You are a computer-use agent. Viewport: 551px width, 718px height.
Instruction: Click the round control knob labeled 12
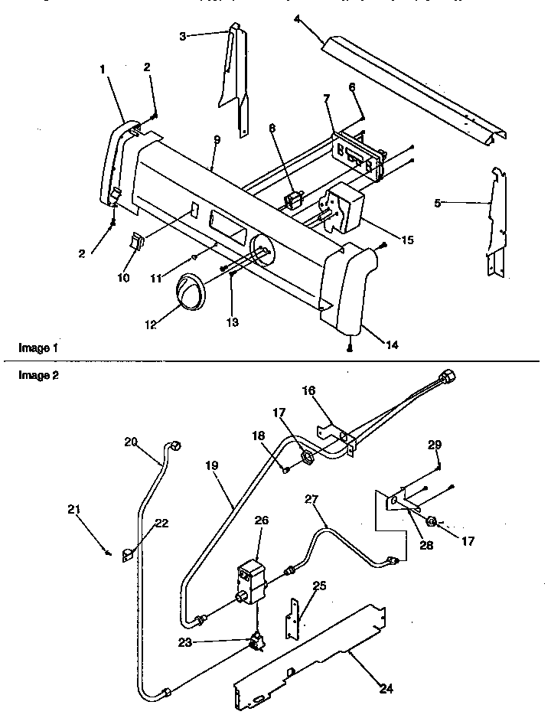191,290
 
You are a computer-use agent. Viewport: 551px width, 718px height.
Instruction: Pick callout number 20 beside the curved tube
130,441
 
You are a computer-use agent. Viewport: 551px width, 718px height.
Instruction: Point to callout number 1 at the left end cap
103,69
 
